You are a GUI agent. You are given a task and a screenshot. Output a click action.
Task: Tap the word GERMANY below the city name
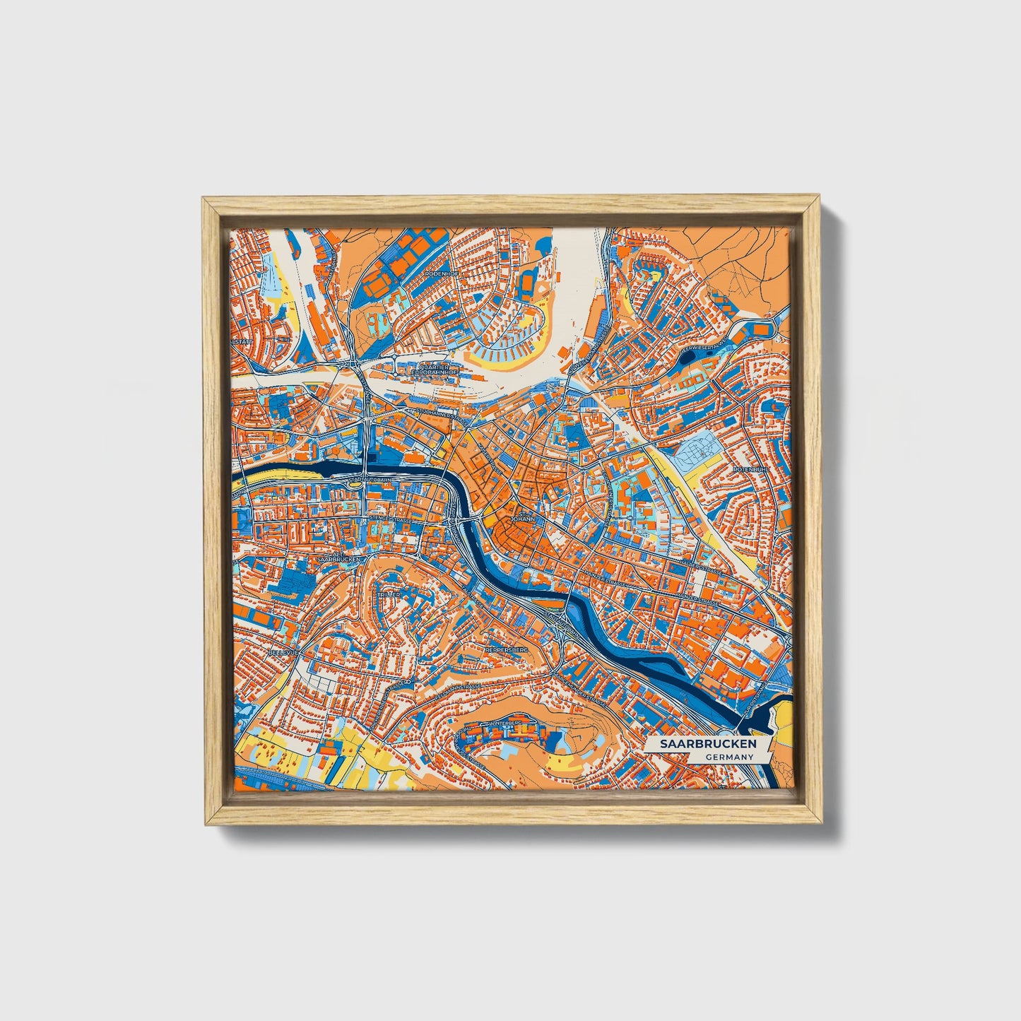[x=728, y=757]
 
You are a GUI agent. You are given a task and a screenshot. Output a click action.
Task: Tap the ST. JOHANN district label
[x=523, y=516]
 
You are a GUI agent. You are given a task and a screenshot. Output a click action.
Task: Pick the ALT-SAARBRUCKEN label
[x=338, y=556]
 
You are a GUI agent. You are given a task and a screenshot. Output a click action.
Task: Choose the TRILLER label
[x=389, y=595]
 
